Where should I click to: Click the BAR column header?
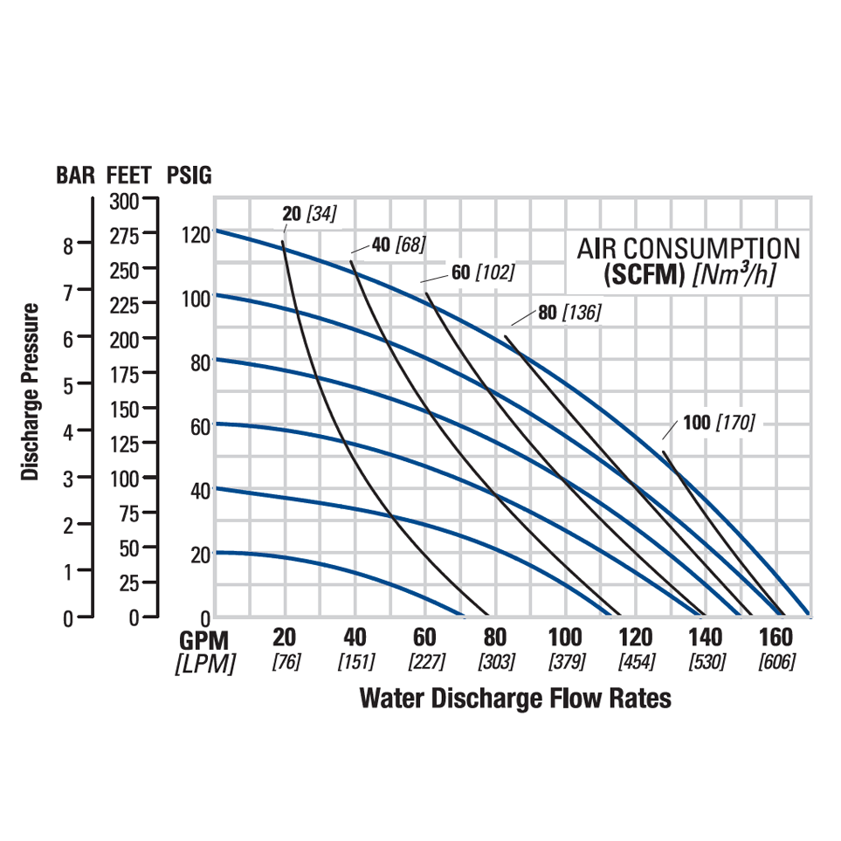76,175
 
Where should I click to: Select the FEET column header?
128,175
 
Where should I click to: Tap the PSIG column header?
189,175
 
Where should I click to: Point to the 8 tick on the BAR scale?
68,245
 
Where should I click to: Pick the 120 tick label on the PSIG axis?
196,234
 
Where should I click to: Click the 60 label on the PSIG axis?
200,427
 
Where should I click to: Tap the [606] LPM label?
776,662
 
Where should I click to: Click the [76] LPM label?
286,662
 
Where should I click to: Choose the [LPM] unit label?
204,665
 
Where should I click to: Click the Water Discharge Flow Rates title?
515,698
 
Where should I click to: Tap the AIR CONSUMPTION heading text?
688,248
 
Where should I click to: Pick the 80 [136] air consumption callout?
569,312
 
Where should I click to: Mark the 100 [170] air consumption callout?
719,423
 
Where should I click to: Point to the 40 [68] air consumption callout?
398,245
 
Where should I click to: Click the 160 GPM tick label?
776,636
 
